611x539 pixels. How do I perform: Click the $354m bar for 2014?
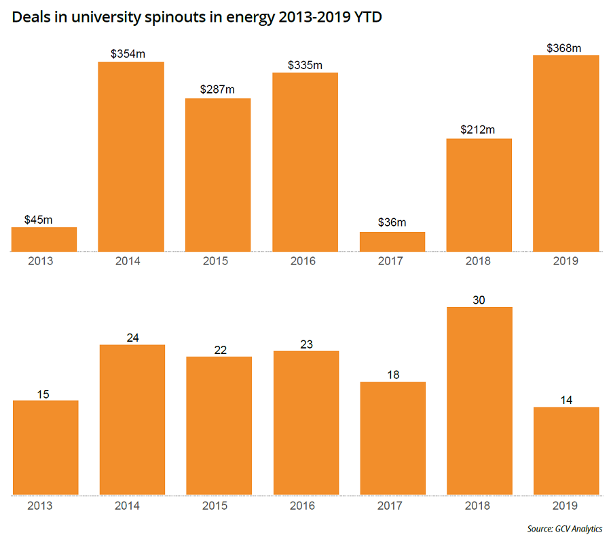131,157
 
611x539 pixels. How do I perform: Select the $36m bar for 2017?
392,242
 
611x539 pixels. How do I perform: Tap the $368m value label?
566,48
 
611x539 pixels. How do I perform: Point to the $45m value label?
43,220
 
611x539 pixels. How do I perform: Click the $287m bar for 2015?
218,175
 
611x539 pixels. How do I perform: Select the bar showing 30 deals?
479,401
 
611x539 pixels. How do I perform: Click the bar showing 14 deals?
566,451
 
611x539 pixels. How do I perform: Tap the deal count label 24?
132,338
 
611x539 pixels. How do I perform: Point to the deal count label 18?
392,375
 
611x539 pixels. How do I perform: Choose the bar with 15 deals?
45,447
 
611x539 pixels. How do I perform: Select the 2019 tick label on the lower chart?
566,505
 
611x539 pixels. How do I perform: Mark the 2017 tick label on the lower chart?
392,505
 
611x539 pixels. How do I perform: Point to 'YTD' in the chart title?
364,19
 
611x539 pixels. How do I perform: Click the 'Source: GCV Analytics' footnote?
564,529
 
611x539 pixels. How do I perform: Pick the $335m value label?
305,65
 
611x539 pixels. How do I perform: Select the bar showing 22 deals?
219,425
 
